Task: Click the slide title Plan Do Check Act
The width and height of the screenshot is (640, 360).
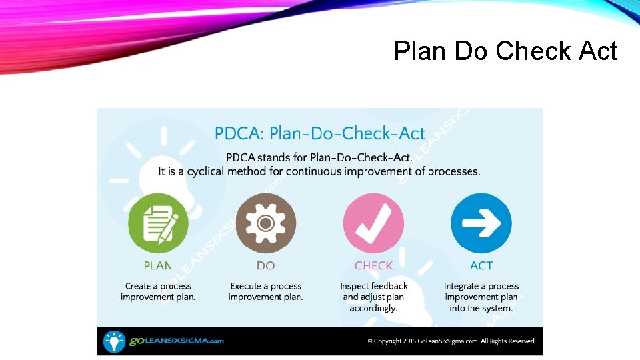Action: pos(505,51)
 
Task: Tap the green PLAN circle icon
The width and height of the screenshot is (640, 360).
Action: pos(158,223)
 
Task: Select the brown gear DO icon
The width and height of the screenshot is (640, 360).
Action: pos(265,223)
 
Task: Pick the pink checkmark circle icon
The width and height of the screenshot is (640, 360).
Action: pos(373,223)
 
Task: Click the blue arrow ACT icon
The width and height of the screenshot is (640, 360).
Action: pos(481,223)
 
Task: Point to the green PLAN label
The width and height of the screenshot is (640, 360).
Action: pos(158,265)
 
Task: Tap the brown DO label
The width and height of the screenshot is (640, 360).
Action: pos(265,265)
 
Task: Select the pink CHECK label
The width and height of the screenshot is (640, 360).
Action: pos(373,265)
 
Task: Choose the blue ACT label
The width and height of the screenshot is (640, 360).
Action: pos(481,265)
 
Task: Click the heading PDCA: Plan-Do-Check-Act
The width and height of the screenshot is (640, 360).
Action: pos(319,133)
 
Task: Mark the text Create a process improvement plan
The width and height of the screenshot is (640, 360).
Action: pos(158,291)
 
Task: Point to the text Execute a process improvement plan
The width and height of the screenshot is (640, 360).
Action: pos(265,291)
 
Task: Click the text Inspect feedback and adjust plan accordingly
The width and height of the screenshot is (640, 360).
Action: pos(373,297)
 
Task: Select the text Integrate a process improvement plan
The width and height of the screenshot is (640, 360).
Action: pos(481,297)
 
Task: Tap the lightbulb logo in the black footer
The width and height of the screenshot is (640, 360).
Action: pos(114,341)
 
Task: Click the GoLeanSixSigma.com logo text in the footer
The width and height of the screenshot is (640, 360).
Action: pos(176,341)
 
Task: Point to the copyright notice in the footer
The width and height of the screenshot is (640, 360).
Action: pos(451,341)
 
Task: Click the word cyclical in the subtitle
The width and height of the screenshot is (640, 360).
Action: pos(205,172)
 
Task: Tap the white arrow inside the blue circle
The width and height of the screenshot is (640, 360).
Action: pos(481,223)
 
